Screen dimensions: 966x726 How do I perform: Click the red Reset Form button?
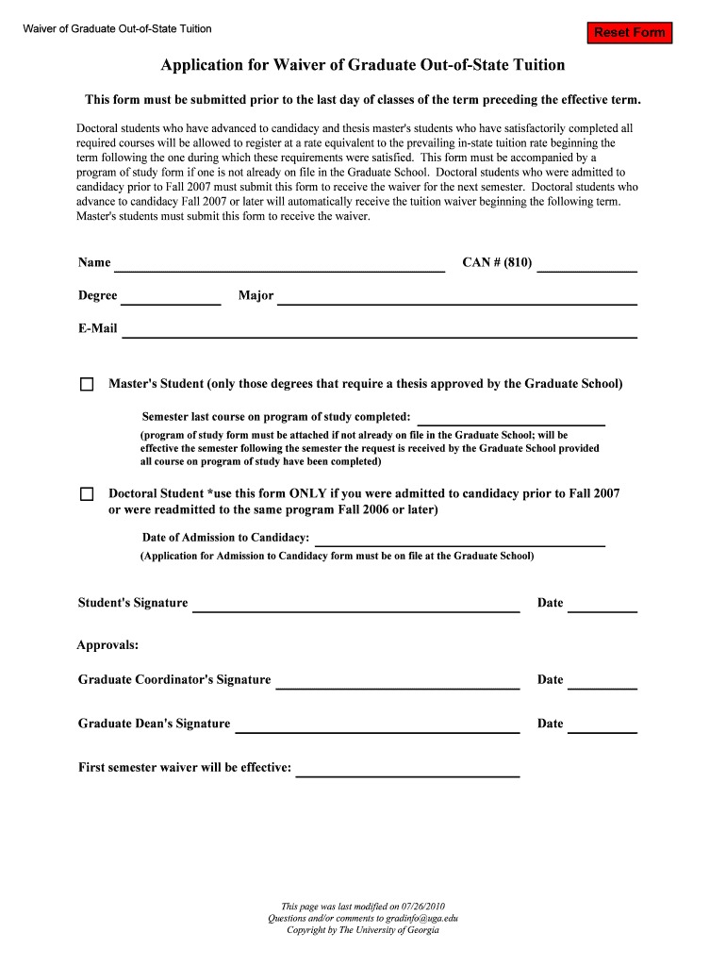click(630, 33)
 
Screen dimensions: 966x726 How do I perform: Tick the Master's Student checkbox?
click(88, 385)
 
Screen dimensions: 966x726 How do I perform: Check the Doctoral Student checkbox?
click(88, 494)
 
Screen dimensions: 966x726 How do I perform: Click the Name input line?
click(279, 263)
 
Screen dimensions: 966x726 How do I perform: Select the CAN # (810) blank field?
click(586, 263)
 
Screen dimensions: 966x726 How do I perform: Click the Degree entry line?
click(171, 296)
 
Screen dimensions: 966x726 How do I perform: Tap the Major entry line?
click(457, 296)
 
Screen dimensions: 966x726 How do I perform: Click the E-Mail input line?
click(380, 329)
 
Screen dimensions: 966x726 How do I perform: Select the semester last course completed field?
click(511, 417)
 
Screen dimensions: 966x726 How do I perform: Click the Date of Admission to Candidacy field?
click(459, 538)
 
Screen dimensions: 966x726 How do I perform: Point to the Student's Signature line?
click(356, 604)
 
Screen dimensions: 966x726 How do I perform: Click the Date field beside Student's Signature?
click(602, 604)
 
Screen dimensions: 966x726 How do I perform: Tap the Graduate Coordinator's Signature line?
click(397, 680)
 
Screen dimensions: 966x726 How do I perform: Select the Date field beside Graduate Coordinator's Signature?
click(602, 680)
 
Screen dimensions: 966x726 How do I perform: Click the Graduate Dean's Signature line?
click(377, 724)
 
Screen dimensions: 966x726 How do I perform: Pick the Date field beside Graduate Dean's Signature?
click(602, 724)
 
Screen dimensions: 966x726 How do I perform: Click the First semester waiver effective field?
click(407, 768)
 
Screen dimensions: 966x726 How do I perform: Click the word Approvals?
click(107, 645)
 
